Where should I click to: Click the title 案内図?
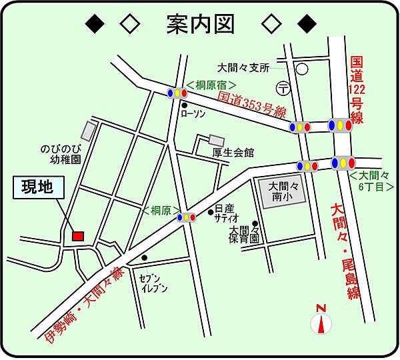[x=200, y=24]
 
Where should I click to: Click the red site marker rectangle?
[x=78, y=236]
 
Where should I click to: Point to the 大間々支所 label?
[x=243, y=67]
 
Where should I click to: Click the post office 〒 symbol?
[x=282, y=87]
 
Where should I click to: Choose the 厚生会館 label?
[x=233, y=153]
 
